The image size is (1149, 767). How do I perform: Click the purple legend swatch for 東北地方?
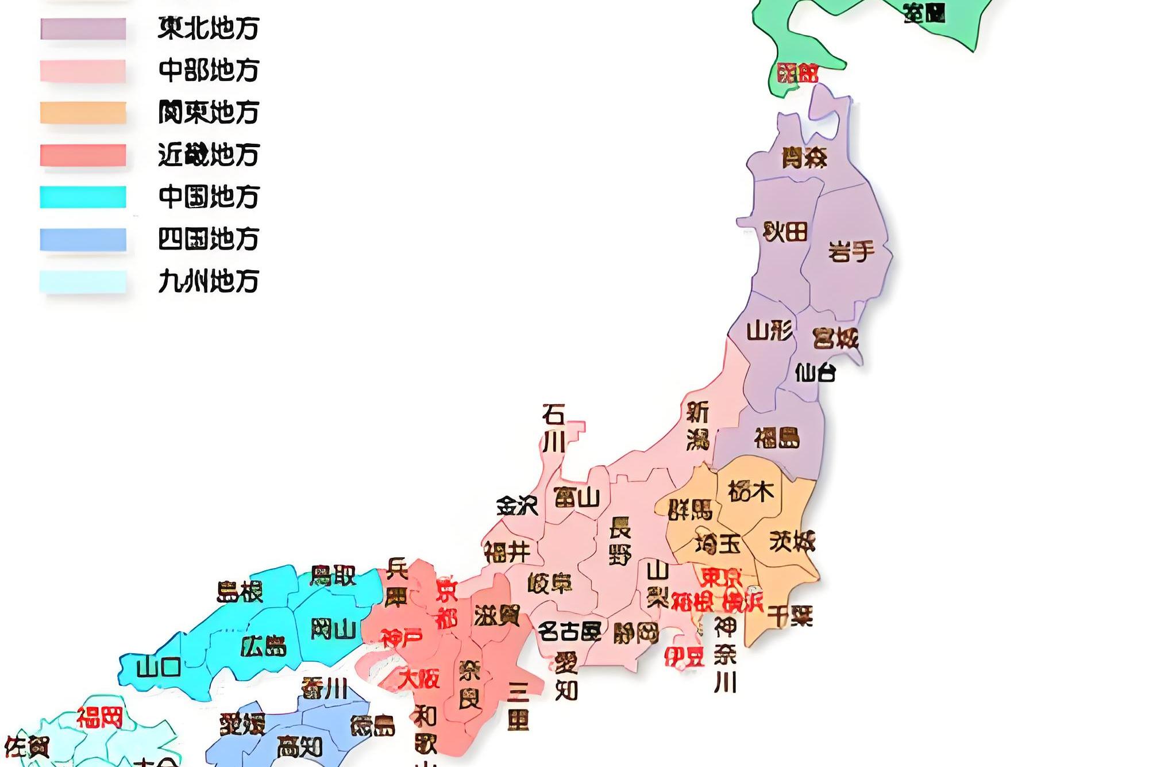point(83,28)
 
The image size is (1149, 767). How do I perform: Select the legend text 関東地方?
point(209,112)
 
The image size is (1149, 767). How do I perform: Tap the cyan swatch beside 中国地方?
point(83,197)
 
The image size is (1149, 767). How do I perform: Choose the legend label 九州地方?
point(209,281)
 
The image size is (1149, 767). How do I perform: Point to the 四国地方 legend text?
point(209,239)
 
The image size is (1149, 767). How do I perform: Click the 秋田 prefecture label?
point(785,232)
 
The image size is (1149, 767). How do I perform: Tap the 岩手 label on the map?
point(851,251)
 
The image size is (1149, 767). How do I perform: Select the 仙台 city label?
point(815,373)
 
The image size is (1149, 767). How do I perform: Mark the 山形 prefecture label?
point(769,331)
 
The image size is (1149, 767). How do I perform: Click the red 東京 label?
point(721,577)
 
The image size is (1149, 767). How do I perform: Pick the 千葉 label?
point(791,616)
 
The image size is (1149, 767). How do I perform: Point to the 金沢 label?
point(517,505)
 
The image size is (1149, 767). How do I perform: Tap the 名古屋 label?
point(569,631)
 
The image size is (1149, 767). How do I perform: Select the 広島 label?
point(263,647)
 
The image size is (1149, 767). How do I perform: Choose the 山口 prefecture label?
point(159,668)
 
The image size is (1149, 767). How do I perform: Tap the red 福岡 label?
point(100,718)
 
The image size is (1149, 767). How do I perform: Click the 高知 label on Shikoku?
point(299,747)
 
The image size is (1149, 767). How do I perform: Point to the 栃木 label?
point(751,492)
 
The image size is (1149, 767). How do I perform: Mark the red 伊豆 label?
point(684,657)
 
